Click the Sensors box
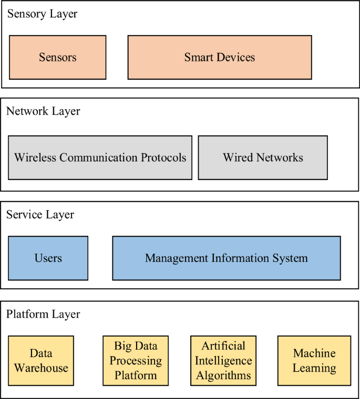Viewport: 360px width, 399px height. coord(58,57)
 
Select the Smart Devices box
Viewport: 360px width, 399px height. coord(220,57)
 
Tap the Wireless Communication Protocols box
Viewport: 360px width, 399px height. coord(100,157)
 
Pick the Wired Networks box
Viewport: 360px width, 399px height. coord(263,157)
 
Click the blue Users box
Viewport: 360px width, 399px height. coord(48,258)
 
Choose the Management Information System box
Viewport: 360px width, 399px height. coord(226,258)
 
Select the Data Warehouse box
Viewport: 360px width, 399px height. coord(41,361)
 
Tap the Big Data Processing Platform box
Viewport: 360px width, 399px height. coord(136,361)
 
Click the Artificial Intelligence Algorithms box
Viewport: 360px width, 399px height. coord(223,361)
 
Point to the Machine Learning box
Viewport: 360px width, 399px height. coord(314,361)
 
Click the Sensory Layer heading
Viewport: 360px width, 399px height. coord(42,14)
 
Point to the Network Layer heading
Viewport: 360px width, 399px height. coord(43,111)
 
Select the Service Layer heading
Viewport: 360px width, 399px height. coord(40,215)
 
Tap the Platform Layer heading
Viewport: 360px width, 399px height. coord(43,314)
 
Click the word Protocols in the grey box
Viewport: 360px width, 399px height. coord(163,157)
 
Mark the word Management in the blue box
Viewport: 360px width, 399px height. coord(177,258)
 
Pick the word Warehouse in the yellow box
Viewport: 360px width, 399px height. coord(41,368)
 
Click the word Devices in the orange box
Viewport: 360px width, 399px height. coord(236,57)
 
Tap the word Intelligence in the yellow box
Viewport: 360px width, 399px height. coord(223,361)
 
